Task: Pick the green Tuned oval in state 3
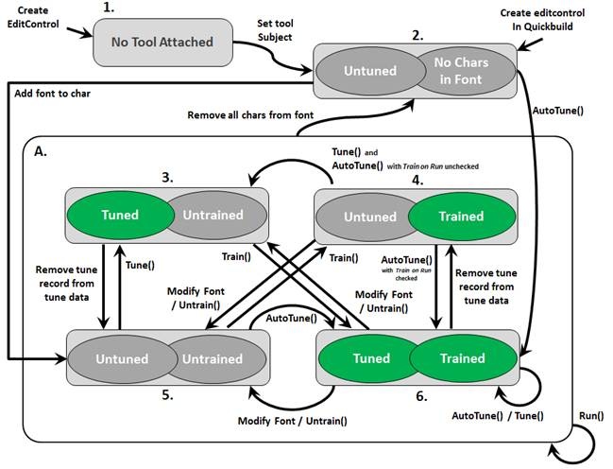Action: pyautogui.click(x=120, y=215)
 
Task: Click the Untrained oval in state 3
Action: pyautogui.click(x=212, y=215)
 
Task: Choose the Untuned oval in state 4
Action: pyautogui.click(x=369, y=217)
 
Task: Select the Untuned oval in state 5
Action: pyautogui.click(x=122, y=358)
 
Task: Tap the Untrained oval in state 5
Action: pyautogui.click(x=212, y=358)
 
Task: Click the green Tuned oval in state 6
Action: pyautogui.click(x=371, y=358)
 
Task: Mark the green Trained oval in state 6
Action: pyautogui.click(x=462, y=358)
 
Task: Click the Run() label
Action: pyautogui.click(x=590, y=416)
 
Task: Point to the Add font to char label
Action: pyautogui.click(x=54, y=94)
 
